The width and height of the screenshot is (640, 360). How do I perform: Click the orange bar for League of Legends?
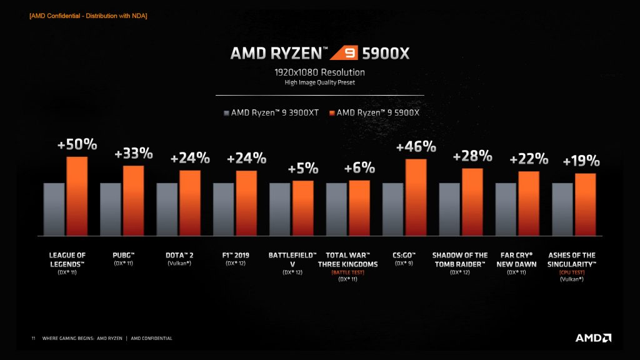tap(77, 196)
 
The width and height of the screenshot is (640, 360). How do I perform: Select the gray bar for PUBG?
tap(111, 209)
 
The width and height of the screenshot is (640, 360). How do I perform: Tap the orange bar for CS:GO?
tap(416, 197)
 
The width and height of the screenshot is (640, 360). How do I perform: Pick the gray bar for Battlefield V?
tap(280, 209)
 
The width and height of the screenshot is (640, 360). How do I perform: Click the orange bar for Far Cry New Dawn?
tap(529, 203)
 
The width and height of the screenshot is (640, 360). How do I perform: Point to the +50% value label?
tap(77, 144)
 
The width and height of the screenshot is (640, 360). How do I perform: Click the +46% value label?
tap(416, 147)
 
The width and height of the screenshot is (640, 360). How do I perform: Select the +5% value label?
tap(302, 169)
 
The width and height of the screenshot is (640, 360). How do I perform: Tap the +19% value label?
tap(581, 161)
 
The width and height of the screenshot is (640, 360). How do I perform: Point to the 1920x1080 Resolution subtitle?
tap(320, 72)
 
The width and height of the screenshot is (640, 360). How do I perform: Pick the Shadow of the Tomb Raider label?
tap(460, 259)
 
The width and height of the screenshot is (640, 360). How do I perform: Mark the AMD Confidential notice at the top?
tap(88, 16)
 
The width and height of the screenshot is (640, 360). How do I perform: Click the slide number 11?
tap(33, 339)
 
